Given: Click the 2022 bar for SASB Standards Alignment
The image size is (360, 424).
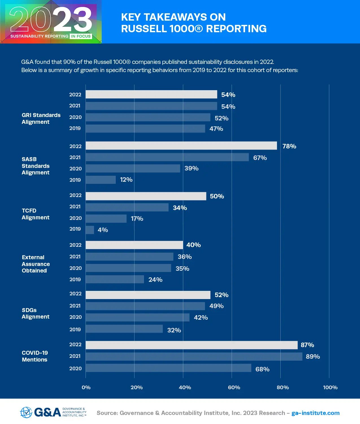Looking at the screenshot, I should point(181,146).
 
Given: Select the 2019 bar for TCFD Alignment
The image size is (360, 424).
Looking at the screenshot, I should point(90,230).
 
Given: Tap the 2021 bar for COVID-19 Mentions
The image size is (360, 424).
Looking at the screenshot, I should point(194,356).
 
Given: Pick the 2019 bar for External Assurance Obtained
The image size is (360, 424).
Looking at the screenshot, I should point(115,279).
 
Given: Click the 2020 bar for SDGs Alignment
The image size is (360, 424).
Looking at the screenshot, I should point(138,317).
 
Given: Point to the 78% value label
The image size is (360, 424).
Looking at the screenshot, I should point(289,146).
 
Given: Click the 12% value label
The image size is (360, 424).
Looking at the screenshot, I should point(126,180).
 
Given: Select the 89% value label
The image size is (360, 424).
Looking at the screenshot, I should point(313,356).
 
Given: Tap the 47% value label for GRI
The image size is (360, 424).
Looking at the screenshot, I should point(216,129).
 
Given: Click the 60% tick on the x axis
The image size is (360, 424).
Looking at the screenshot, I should point(234,388).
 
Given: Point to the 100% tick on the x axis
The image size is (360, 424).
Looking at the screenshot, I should point(330,388).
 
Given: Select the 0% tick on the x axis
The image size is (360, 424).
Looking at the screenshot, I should point(86,388).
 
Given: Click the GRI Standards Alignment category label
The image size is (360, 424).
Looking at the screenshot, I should point(41,118).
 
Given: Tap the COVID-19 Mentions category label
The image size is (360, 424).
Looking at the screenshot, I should point(35,356).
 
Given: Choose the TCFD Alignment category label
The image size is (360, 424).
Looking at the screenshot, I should point(35,214).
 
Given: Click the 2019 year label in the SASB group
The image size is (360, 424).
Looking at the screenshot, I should point(75,180).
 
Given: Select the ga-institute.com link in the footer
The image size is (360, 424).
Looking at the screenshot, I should point(315,413).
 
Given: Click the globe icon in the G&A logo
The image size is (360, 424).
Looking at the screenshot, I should point(26,412).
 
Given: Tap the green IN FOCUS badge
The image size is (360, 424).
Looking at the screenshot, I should point(81,36).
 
